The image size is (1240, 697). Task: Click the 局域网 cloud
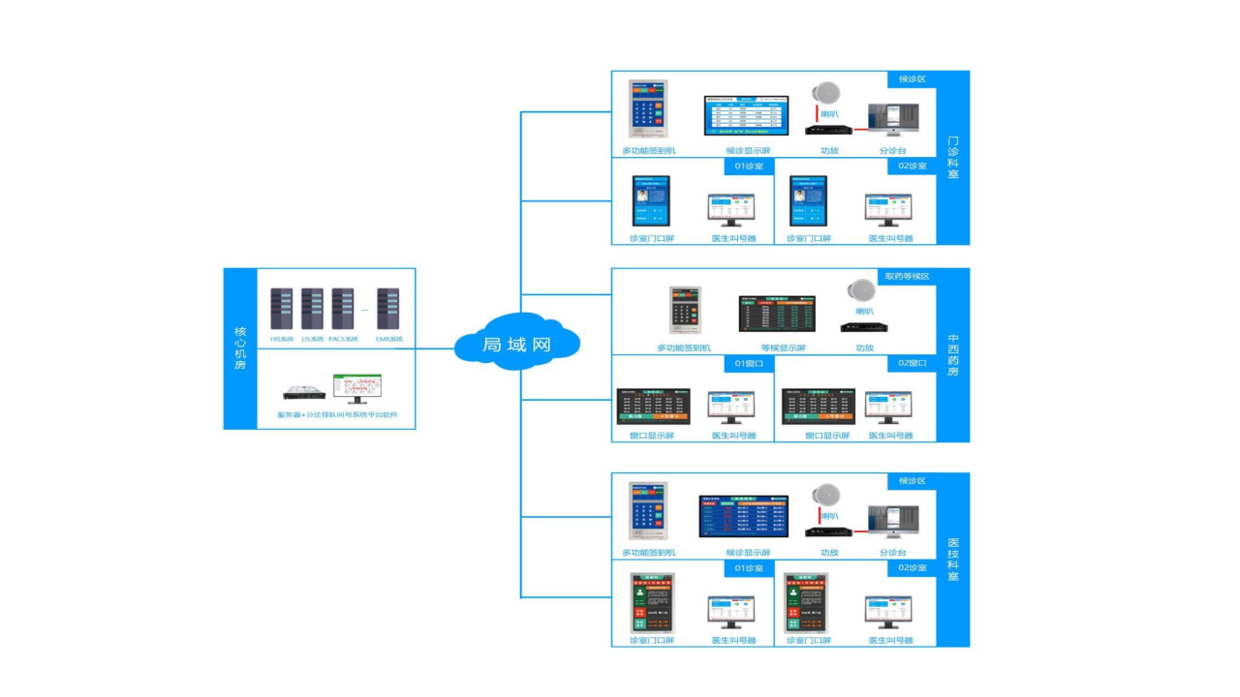516,343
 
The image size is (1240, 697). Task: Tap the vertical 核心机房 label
240,348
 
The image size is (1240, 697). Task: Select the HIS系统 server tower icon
281,309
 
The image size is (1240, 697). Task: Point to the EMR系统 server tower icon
388,309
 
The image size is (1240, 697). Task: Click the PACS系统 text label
343,339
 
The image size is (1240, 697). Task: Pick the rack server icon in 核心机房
306,392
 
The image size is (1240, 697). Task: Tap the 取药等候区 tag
907,276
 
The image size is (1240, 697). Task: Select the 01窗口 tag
749,364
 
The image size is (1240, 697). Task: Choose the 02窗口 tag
912,364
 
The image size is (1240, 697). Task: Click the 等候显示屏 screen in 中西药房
778,314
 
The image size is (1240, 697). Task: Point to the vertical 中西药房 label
953,355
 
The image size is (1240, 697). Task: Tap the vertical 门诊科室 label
953,158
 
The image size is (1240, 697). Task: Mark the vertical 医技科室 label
953,560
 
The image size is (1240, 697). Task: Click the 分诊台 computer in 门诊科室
891,120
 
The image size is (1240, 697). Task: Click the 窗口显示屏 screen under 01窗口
653,407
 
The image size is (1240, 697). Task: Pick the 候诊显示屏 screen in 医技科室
744,516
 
